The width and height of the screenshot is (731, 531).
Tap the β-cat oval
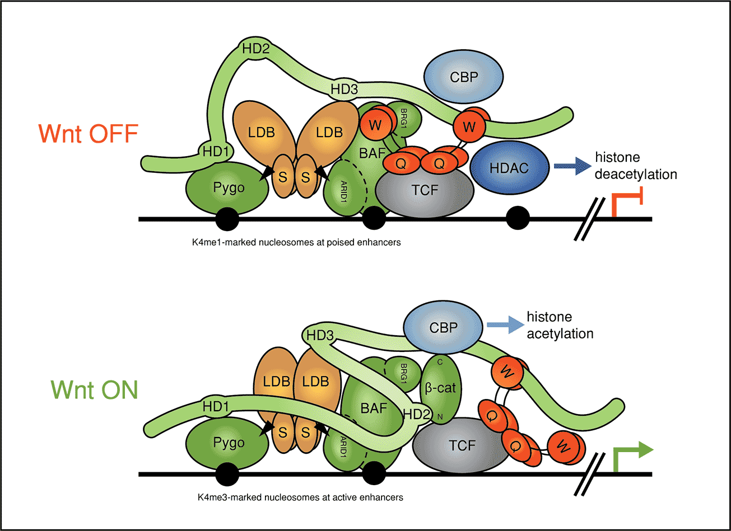click(x=441, y=387)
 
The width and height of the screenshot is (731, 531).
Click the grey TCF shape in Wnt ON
click(x=461, y=445)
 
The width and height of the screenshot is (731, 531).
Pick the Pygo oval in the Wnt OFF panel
click(x=229, y=188)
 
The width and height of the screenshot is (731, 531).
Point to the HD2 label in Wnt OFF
click(x=256, y=49)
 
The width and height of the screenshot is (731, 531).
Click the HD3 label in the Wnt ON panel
click(x=321, y=336)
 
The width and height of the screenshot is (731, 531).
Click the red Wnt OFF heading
click(x=88, y=134)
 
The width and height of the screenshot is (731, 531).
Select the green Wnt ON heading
click(x=94, y=389)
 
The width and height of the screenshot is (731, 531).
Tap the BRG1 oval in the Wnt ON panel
click(x=400, y=372)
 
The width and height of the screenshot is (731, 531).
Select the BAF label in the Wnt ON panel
click(x=374, y=408)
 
